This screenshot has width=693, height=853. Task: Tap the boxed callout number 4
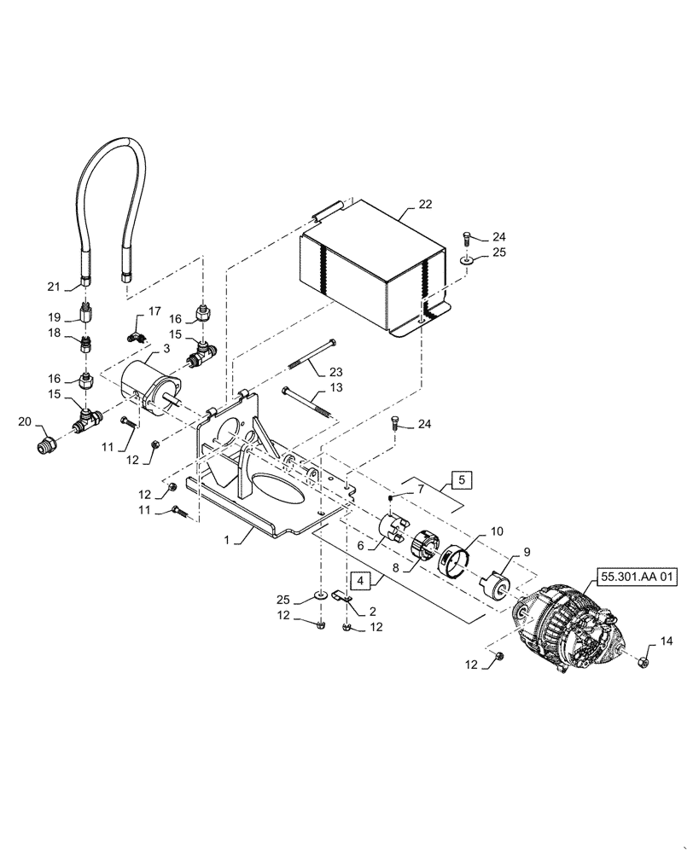click(x=361, y=582)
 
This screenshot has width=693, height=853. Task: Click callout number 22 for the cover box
click(x=424, y=205)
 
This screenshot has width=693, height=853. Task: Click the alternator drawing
click(x=570, y=627)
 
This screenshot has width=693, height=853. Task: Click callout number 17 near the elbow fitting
click(x=154, y=310)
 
